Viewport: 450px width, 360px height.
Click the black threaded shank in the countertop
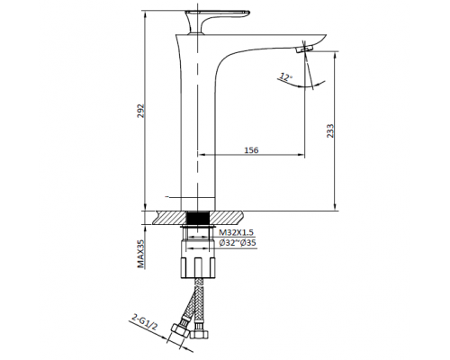point(198,219)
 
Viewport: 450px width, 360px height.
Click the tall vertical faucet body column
point(198,135)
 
